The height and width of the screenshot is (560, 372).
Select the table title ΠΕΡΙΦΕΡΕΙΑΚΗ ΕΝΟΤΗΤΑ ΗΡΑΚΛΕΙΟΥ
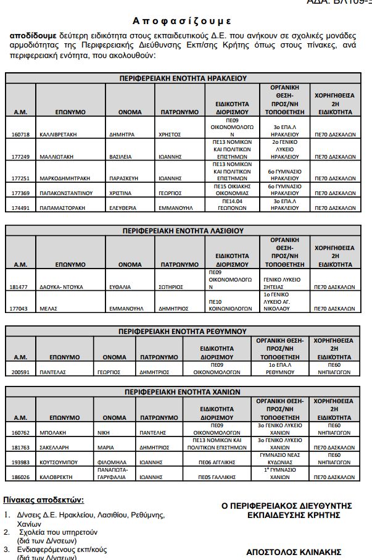tap(183, 78)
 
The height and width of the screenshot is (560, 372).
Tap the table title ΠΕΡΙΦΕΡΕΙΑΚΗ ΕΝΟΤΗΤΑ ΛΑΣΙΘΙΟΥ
tap(183, 231)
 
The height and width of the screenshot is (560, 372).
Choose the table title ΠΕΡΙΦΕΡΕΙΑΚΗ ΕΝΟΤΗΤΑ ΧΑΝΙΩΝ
tap(183, 392)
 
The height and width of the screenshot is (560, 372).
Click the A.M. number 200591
tap(20, 373)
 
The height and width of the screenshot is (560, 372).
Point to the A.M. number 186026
tap(20, 477)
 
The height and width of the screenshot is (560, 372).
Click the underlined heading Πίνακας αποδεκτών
tap(43, 500)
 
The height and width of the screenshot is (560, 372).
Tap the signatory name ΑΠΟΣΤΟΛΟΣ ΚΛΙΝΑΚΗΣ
tap(294, 552)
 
